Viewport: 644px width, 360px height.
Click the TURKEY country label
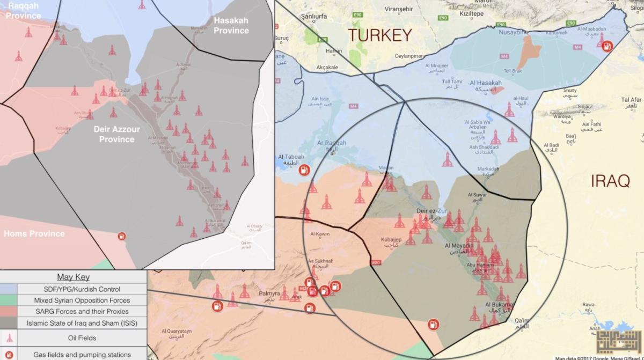coord(380,35)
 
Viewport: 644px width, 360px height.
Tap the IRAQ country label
coord(610,181)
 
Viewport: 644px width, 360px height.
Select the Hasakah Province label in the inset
coord(231,25)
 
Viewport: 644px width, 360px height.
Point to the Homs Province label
coord(34,234)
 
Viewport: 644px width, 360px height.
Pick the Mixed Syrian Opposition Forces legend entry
coord(82,300)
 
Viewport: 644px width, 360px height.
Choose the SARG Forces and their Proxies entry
coord(82,312)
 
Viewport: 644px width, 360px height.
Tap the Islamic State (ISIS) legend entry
coord(82,323)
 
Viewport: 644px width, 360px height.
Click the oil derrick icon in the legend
coord(9,338)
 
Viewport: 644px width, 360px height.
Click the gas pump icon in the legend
coord(9,354)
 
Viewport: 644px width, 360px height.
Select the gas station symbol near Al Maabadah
coord(607,46)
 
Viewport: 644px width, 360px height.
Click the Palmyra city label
coord(270,295)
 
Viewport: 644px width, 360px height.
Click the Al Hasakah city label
coord(485,84)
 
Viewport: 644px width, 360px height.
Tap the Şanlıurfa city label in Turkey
coord(314,17)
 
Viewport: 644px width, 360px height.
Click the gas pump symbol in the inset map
coord(122,236)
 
